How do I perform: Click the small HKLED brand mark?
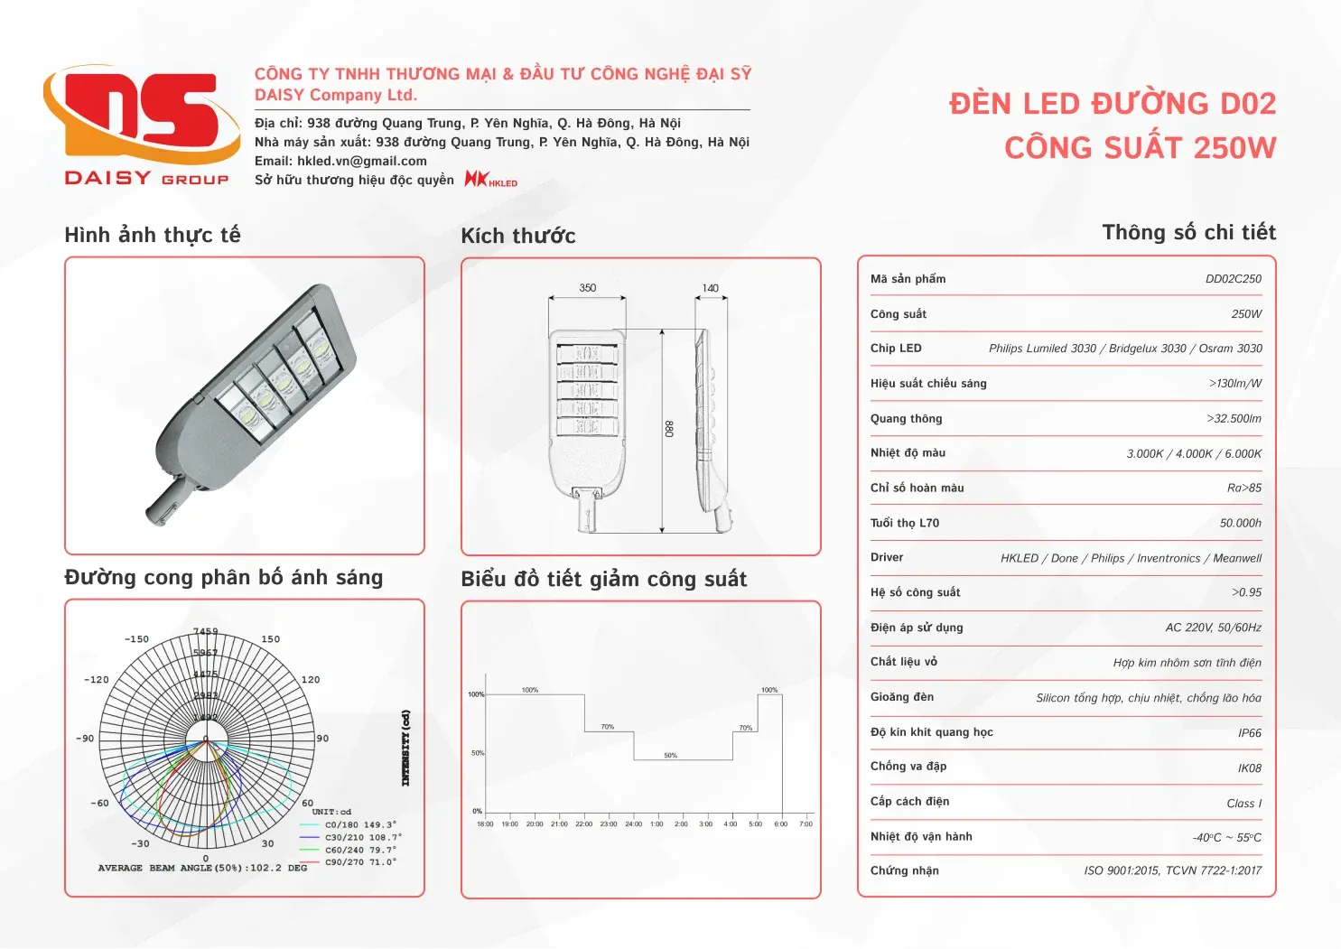(x=491, y=180)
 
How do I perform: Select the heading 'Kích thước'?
(x=517, y=236)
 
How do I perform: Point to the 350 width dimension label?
(x=588, y=288)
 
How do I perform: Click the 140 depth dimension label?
(x=711, y=289)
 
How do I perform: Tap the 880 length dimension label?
(x=669, y=429)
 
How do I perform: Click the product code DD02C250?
(x=1233, y=279)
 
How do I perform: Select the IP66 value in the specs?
(x=1249, y=733)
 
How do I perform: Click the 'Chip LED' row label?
(x=896, y=349)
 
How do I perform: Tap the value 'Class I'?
(x=1243, y=804)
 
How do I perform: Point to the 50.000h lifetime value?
(x=1240, y=524)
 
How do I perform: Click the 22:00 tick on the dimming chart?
(x=584, y=823)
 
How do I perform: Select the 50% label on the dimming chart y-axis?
(x=477, y=753)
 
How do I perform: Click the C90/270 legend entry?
(x=359, y=862)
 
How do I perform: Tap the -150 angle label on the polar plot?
(x=136, y=639)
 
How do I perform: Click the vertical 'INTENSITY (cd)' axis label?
(x=405, y=748)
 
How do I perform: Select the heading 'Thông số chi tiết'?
(x=1188, y=233)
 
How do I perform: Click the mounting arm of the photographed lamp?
(x=168, y=504)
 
